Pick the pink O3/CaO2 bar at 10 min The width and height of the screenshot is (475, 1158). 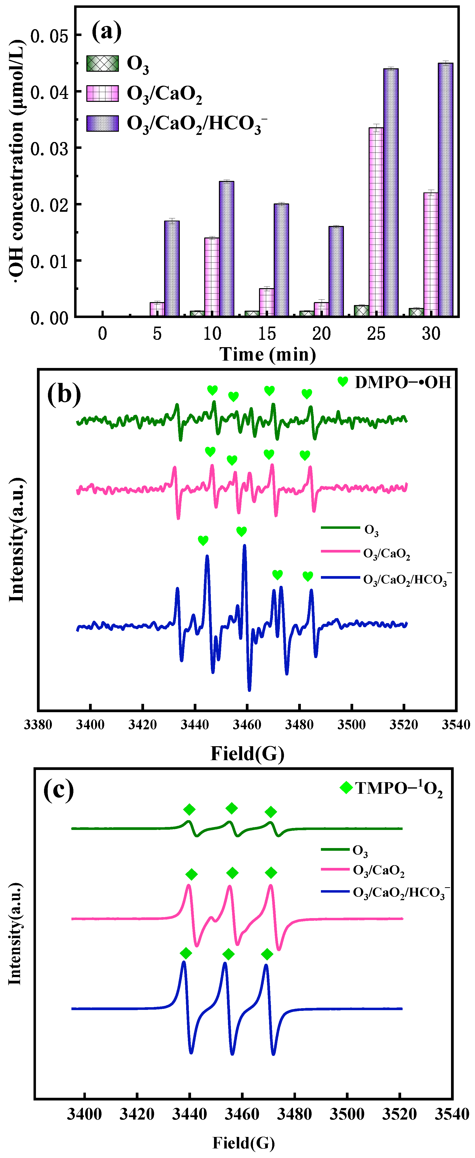[212, 276]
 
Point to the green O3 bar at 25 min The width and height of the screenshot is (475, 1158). [362, 311]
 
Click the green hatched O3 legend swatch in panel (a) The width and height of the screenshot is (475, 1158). [103, 63]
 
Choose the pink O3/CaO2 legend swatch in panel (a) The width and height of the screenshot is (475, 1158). [103, 94]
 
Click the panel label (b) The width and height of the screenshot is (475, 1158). [64, 394]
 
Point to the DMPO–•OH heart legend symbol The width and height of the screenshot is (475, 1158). [343, 382]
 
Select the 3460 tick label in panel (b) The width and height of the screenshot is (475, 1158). [247, 725]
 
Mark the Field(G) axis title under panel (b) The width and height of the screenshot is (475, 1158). [247, 753]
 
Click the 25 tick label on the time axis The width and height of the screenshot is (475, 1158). [376, 333]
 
